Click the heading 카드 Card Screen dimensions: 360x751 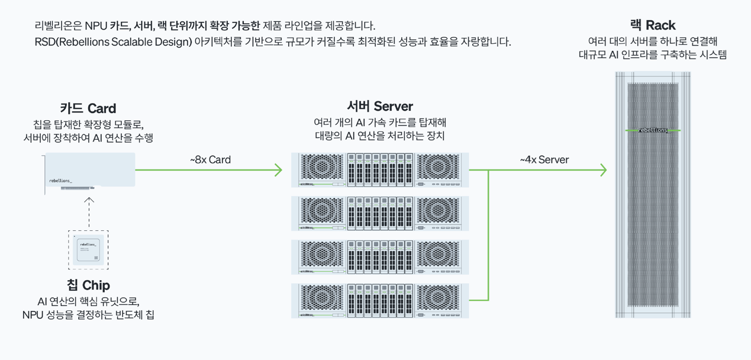click(88, 108)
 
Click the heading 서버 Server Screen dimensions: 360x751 click(379, 107)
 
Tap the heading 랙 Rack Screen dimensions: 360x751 click(652, 25)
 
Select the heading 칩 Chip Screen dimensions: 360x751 click(88, 285)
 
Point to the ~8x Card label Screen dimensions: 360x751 click(210, 160)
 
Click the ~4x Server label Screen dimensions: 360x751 click(544, 160)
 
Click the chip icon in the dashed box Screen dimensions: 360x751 click(88, 250)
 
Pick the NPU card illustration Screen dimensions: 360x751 click(90, 172)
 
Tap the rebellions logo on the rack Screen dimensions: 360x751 click(653, 130)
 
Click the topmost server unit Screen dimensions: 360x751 click(379, 170)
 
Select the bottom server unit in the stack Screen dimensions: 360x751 click(379, 301)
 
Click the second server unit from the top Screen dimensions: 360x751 click(379, 213)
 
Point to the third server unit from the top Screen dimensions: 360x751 click(379, 257)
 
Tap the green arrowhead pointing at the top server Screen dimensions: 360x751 click(278, 170)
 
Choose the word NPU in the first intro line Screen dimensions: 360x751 click(95, 26)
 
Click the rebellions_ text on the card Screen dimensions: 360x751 click(60, 181)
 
